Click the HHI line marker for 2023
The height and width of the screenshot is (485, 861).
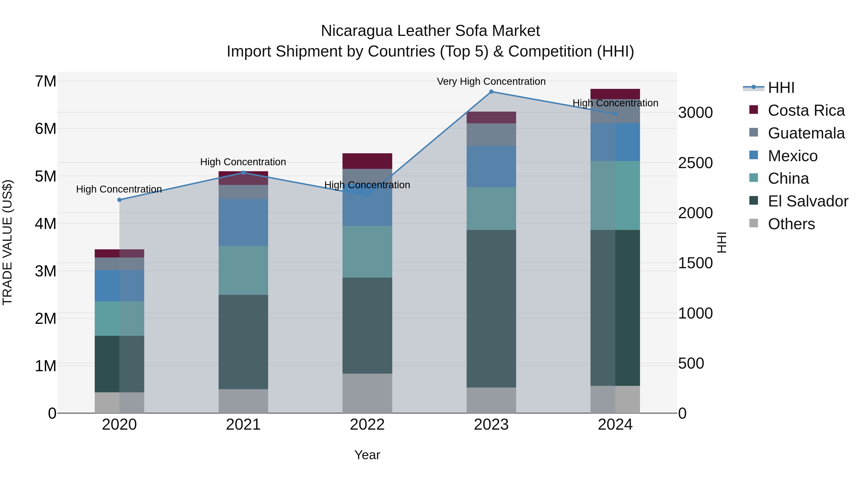click(x=491, y=92)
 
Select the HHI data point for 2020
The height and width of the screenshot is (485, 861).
click(x=119, y=200)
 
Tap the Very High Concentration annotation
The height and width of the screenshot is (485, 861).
click(x=491, y=81)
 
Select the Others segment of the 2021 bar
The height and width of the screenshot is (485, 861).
click(x=243, y=401)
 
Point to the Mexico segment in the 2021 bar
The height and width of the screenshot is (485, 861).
click(x=243, y=222)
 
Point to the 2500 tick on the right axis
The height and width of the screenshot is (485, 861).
click(x=695, y=163)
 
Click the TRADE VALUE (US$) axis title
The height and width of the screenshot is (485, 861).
click(x=8, y=242)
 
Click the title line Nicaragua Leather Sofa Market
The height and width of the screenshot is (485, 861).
click(x=430, y=31)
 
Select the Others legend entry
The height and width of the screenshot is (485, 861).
click(x=791, y=224)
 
